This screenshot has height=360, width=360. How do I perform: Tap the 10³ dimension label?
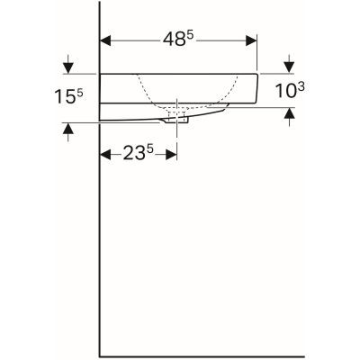click(288, 91)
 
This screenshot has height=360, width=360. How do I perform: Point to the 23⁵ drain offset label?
click(139, 153)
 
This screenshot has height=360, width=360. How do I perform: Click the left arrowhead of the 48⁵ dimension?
click(105, 41)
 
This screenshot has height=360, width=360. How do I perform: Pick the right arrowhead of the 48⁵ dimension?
click(252, 41)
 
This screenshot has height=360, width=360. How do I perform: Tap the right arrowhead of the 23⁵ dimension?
click(172, 154)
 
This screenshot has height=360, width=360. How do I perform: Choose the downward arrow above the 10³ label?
click(288, 66)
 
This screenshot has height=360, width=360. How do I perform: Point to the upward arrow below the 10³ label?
click(288, 114)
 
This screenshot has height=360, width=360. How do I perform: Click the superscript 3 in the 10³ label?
click(301, 84)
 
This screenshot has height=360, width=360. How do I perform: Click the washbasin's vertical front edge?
click(257, 87)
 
